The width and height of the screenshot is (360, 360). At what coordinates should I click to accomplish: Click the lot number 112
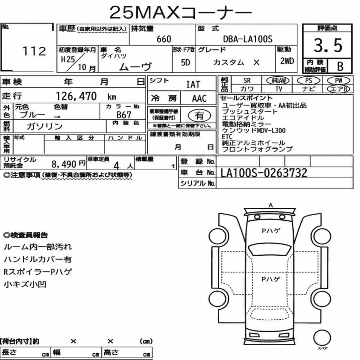(x=35, y=51)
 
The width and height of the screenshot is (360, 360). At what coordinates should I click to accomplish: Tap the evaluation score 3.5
(x=328, y=45)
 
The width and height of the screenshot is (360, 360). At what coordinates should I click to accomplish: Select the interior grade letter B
(x=340, y=66)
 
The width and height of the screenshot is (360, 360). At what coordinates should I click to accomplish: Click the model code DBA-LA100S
(x=248, y=39)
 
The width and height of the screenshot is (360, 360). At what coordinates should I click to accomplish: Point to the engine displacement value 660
(x=164, y=39)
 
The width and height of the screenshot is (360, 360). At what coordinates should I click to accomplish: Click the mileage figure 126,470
(x=76, y=96)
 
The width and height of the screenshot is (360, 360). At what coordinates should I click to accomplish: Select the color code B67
(x=124, y=114)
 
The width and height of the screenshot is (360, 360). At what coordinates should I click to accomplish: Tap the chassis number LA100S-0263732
(x=264, y=173)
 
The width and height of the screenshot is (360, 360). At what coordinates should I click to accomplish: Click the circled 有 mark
(x=199, y=115)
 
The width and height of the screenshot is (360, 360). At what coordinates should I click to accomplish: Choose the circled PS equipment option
(x=309, y=81)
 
